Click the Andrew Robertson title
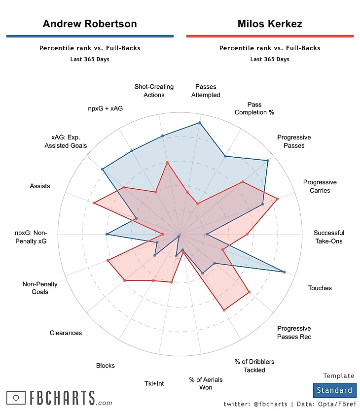pyautogui.click(x=90, y=24)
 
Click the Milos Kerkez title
pyautogui.click(x=270, y=24)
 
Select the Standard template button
pyautogui.click(x=334, y=390)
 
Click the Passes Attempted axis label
pyautogui.click(x=206, y=91)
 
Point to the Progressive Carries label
pyautogui.click(x=320, y=186)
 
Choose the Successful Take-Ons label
pyautogui.click(x=328, y=237)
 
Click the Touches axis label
pyautogui.click(x=320, y=288)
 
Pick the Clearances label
pyautogui.click(x=66, y=333)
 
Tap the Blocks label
pyautogui.click(x=105, y=365)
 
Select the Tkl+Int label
pyautogui.click(x=153, y=383)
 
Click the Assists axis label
pyautogui.click(x=40, y=186)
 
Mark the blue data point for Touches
pyautogui.click(x=285, y=272)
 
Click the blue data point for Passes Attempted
pyautogui.click(x=200, y=123)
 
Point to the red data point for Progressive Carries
pyautogui.click(x=278, y=199)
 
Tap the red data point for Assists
pyautogui.click(x=94, y=202)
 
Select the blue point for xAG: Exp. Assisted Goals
pyautogui.click(x=103, y=170)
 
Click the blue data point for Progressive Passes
pyautogui.click(x=268, y=161)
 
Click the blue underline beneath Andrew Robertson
pyautogui.click(x=90, y=36)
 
